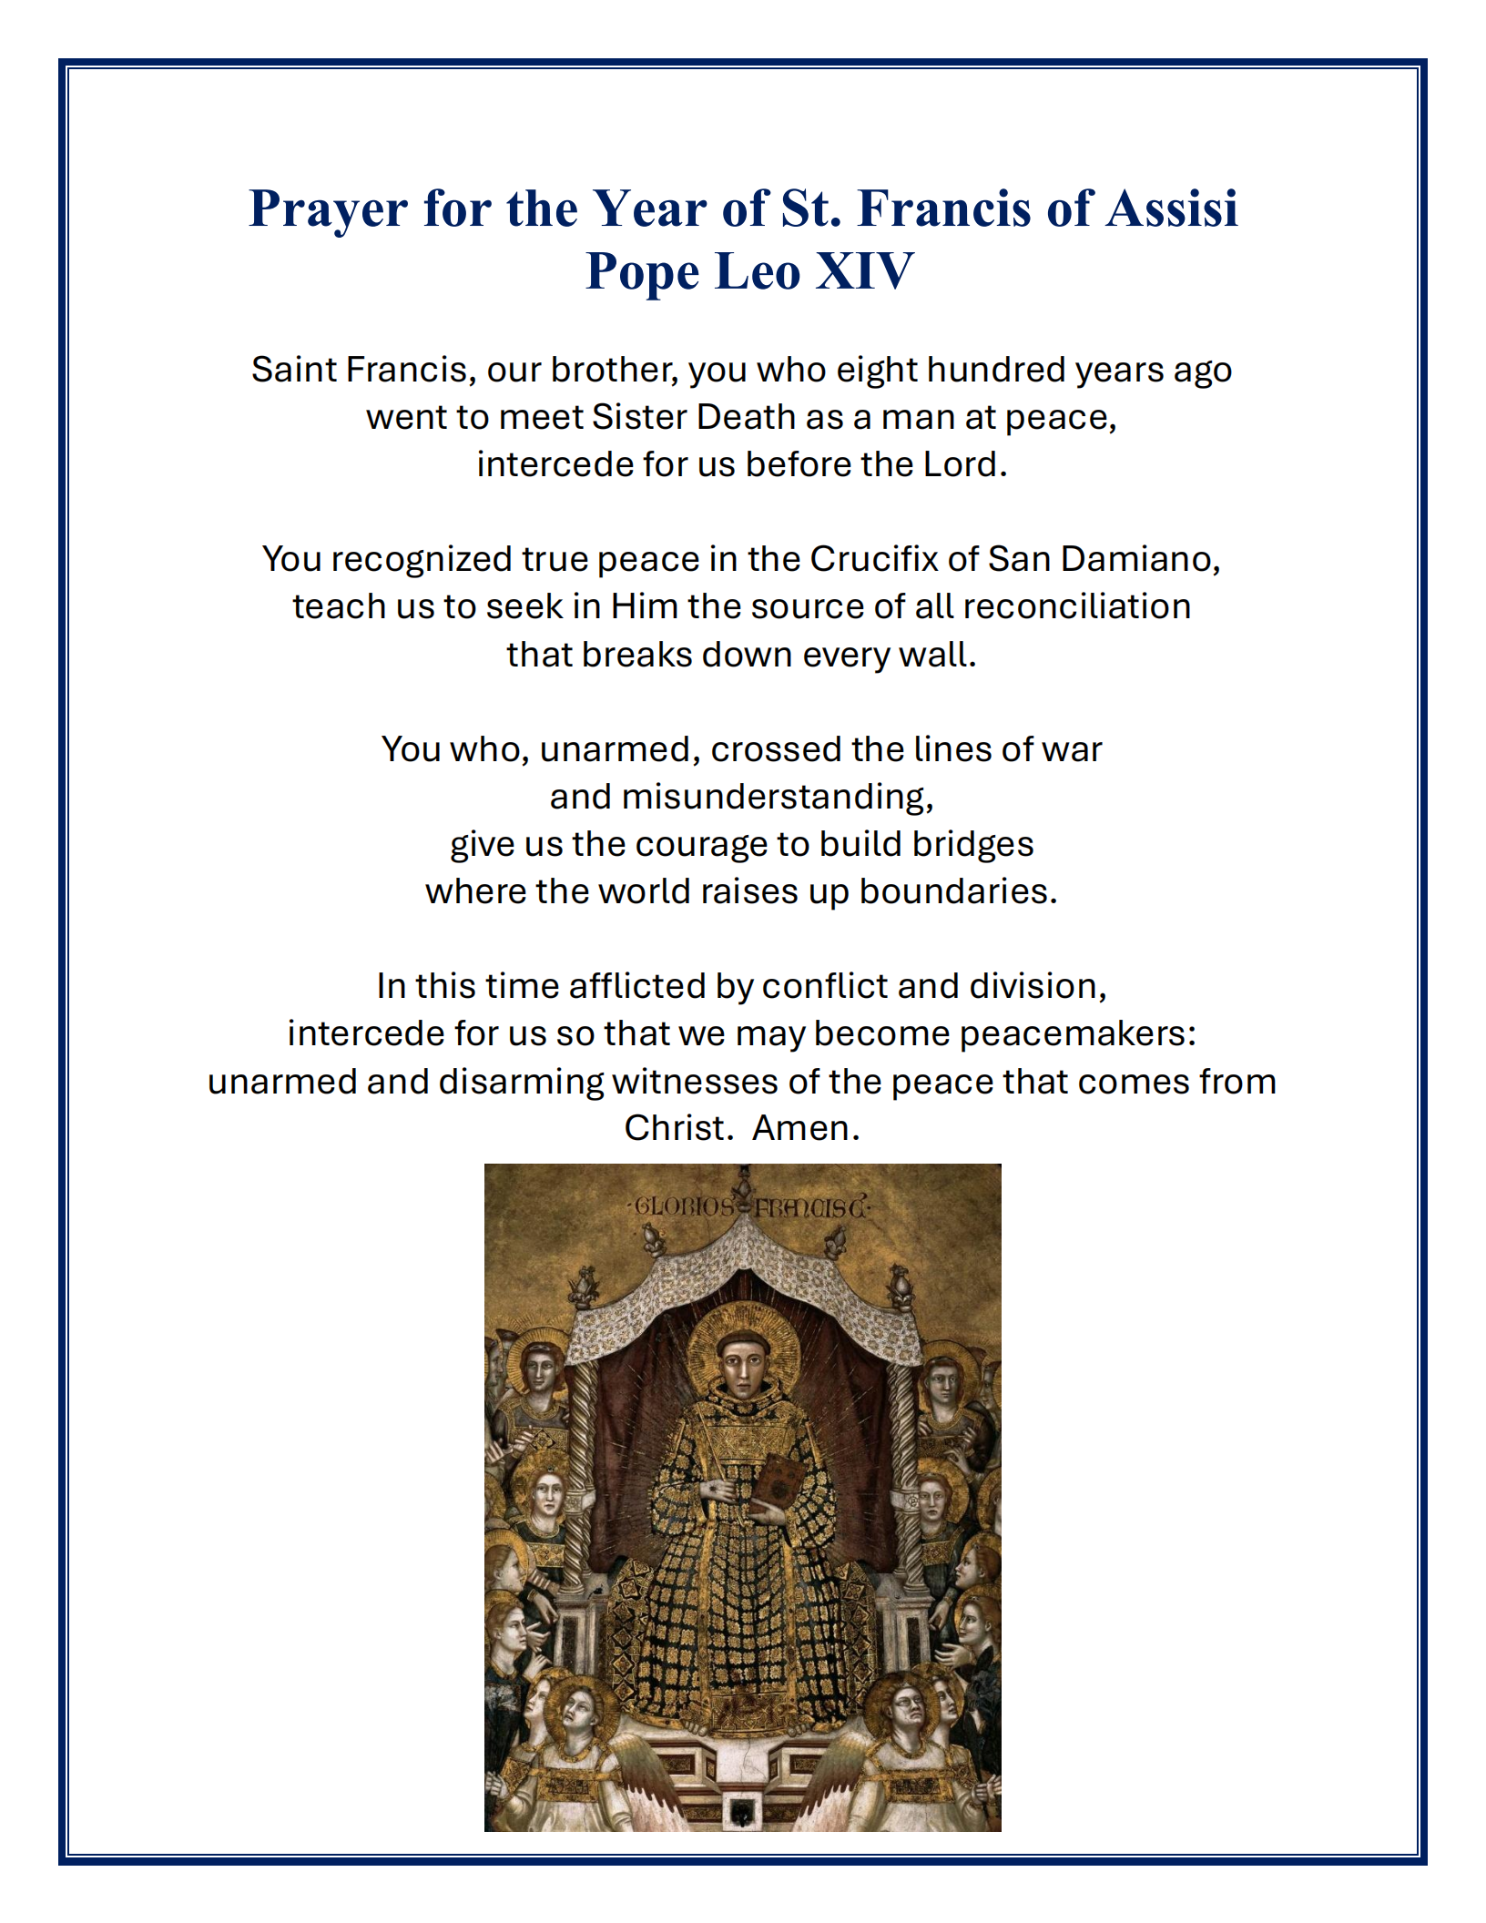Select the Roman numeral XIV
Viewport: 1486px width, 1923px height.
point(863,270)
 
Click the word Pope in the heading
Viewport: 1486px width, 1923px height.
point(643,272)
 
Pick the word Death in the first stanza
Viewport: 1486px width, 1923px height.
point(746,417)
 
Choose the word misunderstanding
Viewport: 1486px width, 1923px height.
point(741,797)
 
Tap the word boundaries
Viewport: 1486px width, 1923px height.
point(958,891)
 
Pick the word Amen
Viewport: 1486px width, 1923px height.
point(805,1128)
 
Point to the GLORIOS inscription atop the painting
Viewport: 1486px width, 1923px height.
point(685,1207)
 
